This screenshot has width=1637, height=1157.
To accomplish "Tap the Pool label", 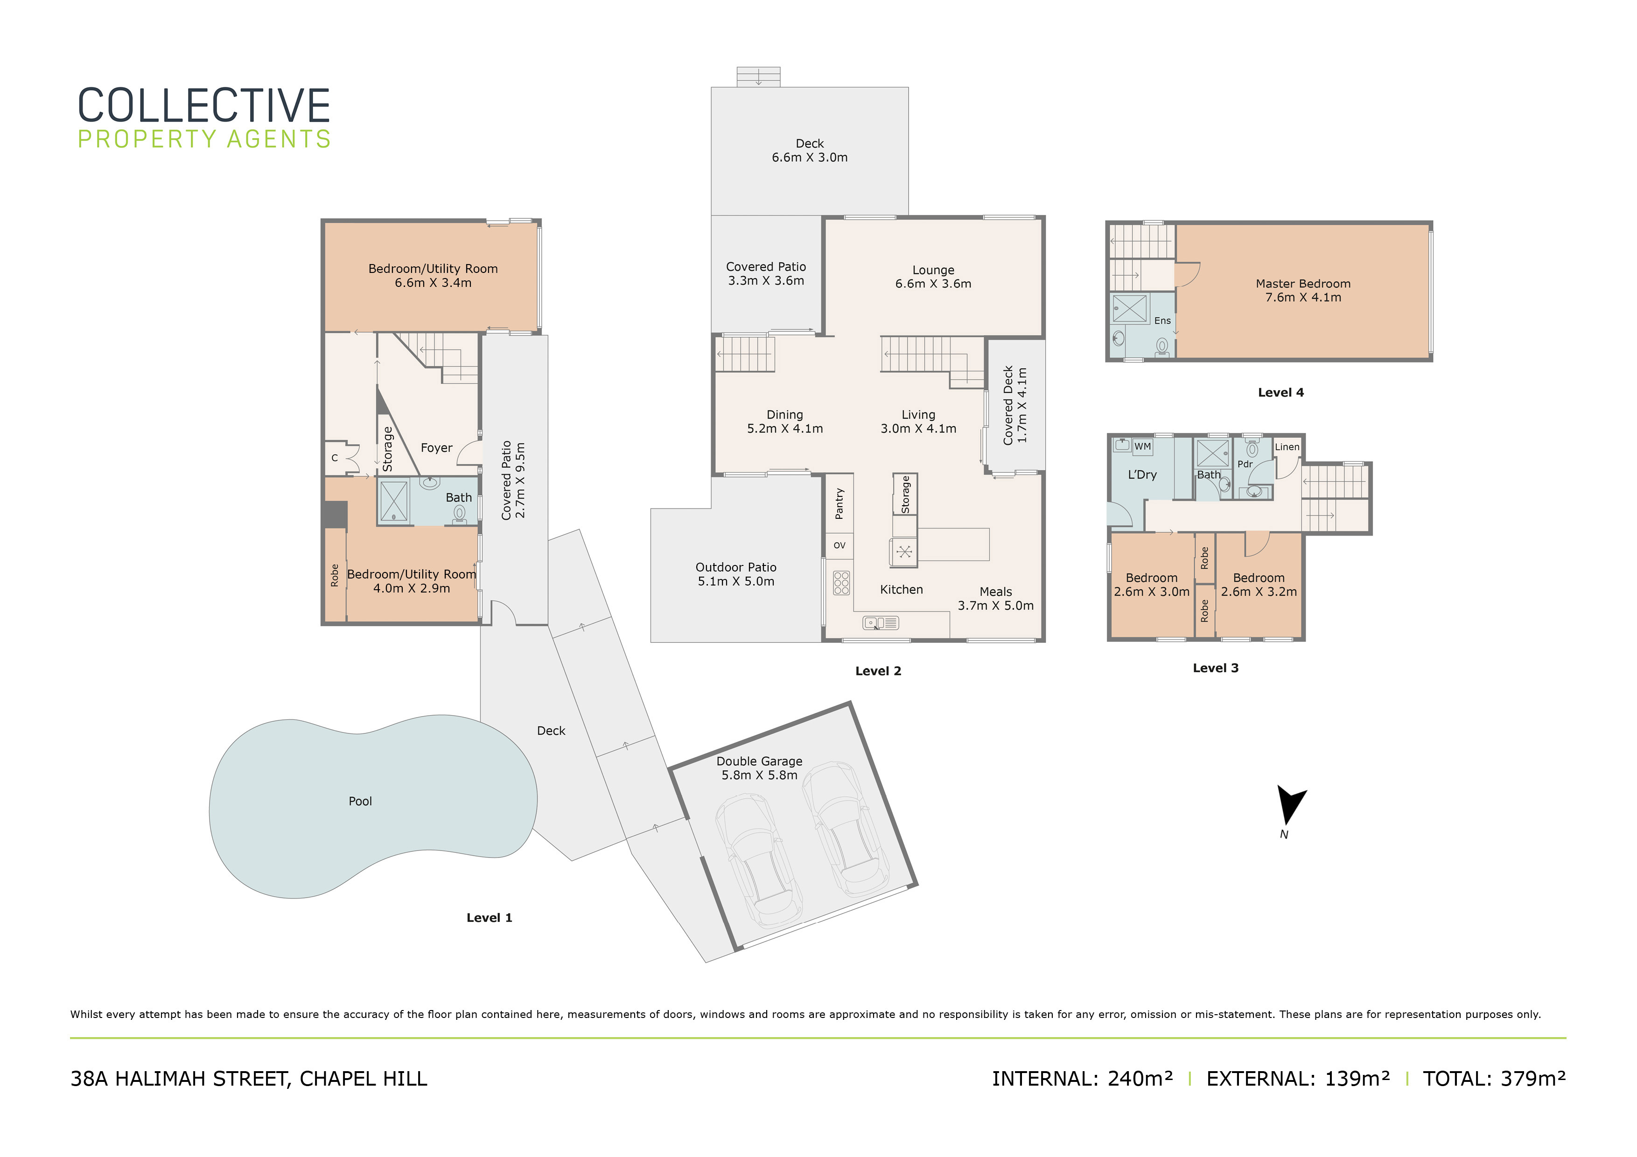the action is (360, 802).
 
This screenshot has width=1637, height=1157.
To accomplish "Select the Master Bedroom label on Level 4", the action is (1302, 284).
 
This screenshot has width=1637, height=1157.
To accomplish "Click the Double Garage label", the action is (759, 761).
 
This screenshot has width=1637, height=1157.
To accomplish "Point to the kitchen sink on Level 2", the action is (881, 623).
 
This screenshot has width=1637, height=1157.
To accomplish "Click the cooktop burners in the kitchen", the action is (841, 582).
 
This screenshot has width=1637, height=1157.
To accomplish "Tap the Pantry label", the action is (839, 503).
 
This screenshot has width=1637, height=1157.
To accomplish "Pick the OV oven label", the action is (839, 545).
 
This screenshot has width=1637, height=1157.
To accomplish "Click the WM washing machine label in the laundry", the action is (1143, 446).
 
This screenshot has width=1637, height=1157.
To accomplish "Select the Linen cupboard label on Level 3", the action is (1287, 447).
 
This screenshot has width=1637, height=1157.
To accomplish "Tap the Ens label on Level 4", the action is (1162, 321).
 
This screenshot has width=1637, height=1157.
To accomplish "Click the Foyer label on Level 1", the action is (436, 448).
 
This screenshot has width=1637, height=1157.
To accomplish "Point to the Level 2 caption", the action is (878, 671).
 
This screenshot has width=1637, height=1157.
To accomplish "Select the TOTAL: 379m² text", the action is (1494, 1079).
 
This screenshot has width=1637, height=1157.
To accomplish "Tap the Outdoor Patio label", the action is (736, 567).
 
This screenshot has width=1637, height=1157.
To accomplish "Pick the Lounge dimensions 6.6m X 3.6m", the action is (933, 284).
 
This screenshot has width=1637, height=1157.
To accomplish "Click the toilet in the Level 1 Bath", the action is (460, 515).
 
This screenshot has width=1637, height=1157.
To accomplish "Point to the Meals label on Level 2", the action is (995, 592).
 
